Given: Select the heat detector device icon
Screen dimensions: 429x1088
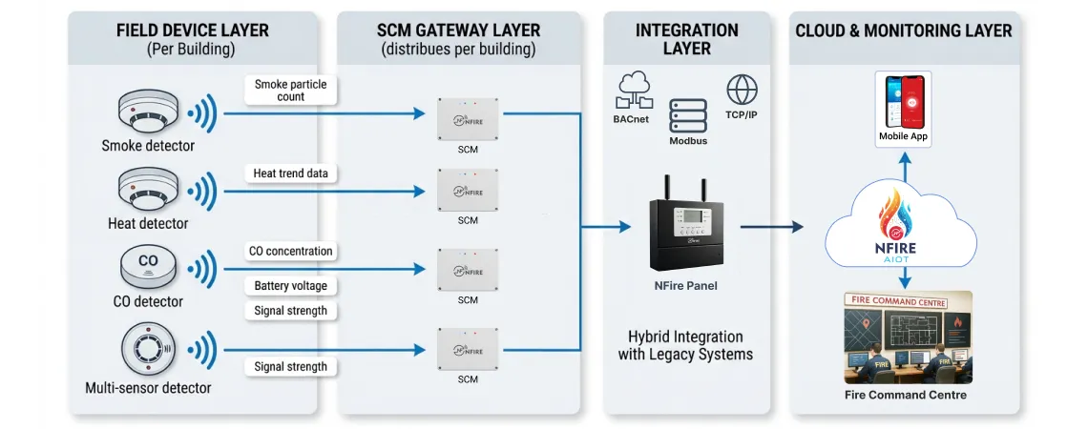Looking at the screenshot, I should tap(147, 192).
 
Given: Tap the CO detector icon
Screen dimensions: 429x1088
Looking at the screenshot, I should tap(148, 266).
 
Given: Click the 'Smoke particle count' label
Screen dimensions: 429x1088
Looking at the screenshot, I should tap(290, 91).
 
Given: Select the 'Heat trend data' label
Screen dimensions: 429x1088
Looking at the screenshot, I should tap(290, 174).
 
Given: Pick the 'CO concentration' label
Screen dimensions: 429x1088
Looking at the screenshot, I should tap(290, 252).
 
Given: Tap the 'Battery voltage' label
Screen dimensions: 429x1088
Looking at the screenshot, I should tap(290, 286).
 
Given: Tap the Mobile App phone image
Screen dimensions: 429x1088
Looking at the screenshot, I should tap(903, 99).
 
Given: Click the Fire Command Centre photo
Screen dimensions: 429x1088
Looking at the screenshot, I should tap(905, 337).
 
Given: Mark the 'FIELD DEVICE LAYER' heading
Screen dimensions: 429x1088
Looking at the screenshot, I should tap(192, 31).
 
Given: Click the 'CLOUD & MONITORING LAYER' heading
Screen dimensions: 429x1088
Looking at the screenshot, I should tap(904, 31).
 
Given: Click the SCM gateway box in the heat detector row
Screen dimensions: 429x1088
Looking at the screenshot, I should tap(468, 191).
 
